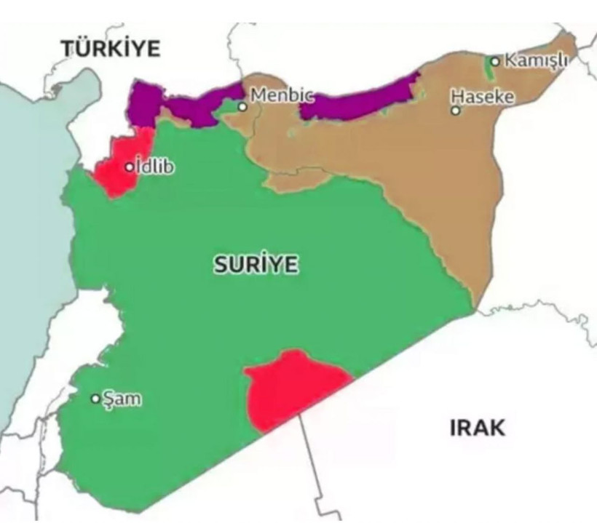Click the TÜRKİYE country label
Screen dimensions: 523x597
point(111,49)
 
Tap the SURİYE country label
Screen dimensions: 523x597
point(256,266)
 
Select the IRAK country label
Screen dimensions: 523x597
point(477,427)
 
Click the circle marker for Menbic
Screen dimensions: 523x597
point(242,107)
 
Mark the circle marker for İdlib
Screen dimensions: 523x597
point(130,167)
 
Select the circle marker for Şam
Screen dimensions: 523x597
point(95,399)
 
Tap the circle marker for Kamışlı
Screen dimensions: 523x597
point(495,61)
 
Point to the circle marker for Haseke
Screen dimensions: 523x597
point(456,111)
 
